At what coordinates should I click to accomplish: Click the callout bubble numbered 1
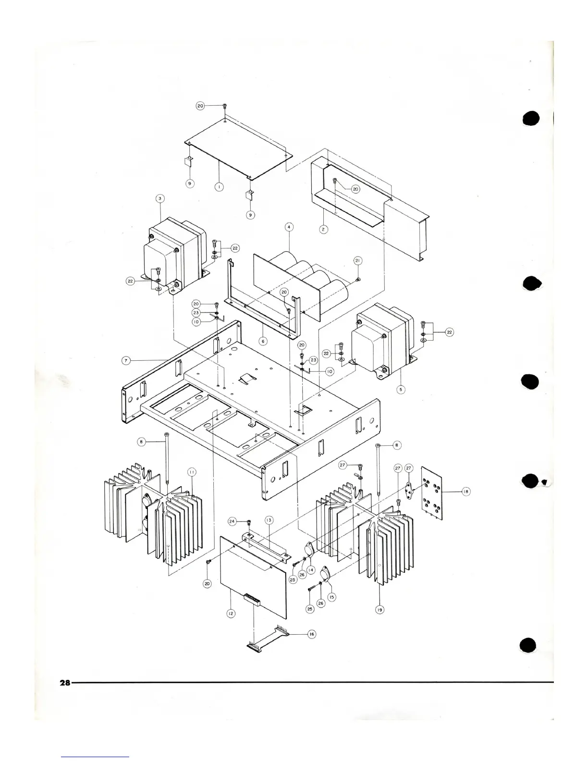(219, 187)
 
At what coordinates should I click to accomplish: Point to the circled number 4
(288, 226)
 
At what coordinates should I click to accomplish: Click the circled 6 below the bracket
(262, 341)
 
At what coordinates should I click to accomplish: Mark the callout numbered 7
(125, 360)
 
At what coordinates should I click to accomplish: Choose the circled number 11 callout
(191, 472)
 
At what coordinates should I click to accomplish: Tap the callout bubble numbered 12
(231, 614)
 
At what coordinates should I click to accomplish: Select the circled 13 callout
(269, 520)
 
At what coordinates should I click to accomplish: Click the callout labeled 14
(311, 570)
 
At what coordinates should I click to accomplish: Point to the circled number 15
(331, 597)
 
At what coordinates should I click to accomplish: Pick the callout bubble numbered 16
(311, 634)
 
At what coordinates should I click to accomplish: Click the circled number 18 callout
(465, 491)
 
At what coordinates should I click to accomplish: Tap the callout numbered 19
(380, 610)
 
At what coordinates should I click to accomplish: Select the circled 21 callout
(357, 260)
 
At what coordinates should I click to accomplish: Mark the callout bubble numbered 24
(233, 521)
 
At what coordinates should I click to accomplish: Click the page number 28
(65, 683)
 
